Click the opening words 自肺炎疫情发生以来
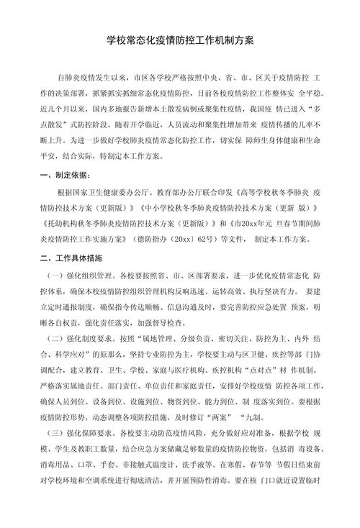[94, 76]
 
